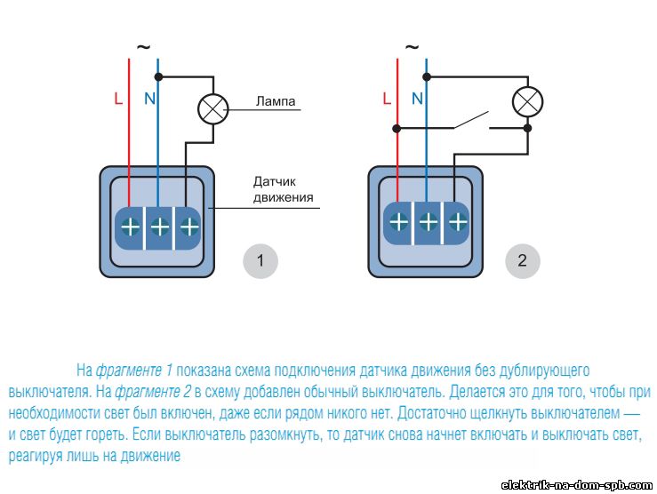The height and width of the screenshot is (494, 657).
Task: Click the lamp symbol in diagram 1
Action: pos(213,109)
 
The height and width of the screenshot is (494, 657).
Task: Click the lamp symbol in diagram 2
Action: pos(528,101)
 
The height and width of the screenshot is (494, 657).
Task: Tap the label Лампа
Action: pos(276,101)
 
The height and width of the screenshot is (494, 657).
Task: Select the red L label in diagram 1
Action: pos(118,100)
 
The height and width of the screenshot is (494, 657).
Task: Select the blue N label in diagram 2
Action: pos(417,100)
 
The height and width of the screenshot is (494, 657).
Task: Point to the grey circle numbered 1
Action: pos(260,261)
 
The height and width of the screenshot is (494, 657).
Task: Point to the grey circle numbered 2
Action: pos(523,261)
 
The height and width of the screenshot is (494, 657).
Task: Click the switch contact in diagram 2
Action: pos(472,120)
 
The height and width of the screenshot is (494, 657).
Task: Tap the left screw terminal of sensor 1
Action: pos(131,227)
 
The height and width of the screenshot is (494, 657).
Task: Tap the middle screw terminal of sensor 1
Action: pos(160,227)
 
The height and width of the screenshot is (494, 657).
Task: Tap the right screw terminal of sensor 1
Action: pos(189,227)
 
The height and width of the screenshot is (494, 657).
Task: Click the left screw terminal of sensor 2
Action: pos(398,222)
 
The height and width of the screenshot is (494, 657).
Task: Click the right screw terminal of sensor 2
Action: pos(458,222)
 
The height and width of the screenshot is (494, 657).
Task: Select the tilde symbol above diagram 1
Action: pos(143,47)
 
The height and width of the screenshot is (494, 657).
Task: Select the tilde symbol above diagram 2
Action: pos(412,47)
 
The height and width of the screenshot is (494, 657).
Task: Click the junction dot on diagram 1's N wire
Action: pos(158,77)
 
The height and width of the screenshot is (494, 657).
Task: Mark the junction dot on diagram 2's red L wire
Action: pos(397,128)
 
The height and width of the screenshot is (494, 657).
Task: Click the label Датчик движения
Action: pos(284,189)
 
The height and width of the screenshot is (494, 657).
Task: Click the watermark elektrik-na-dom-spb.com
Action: pos(577,485)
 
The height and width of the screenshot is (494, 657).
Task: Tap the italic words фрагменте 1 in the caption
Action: pos(134,370)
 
